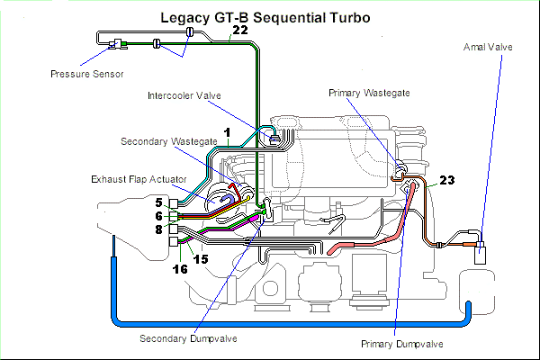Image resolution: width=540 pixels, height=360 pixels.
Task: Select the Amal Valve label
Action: (487, 46)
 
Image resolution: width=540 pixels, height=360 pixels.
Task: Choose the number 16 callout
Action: (181, 267)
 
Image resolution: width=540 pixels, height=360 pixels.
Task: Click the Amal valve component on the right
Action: (481, 250)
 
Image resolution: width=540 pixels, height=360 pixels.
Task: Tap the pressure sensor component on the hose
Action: (114, 44)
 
